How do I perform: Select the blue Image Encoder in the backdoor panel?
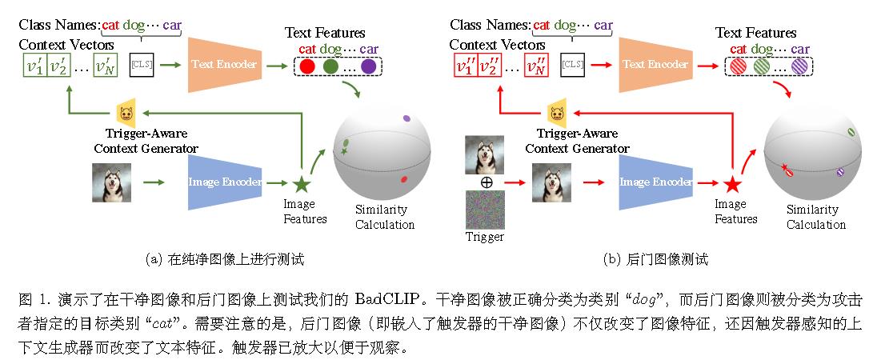click(655, 182)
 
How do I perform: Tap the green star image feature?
click(301, 185)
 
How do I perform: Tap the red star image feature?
click(731, 185)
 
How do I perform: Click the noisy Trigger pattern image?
click(485, 210)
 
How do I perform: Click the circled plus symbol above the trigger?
click(485, 182)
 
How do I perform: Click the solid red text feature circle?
click(306, 66)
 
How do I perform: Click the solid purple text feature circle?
click(367, 66)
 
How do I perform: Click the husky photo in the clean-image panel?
click(110, 182)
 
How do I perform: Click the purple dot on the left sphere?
click(406, 118)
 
